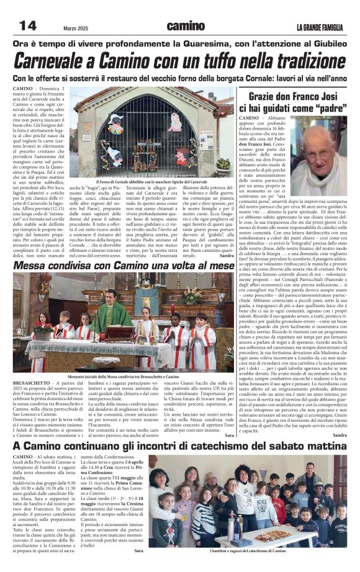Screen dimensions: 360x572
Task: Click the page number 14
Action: click(x=27, y=25)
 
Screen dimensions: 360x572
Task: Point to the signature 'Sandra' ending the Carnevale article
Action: click(x=227, y=255)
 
